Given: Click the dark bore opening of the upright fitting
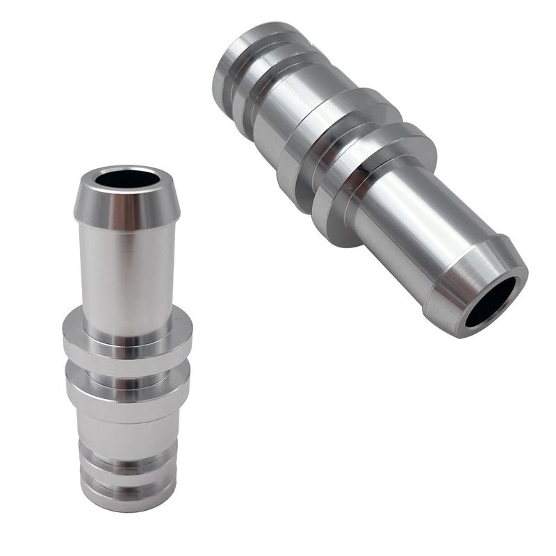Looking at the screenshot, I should pos(127,179).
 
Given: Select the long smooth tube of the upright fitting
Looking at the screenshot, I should pos(127,278).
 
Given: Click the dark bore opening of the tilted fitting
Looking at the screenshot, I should pos(491,301).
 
